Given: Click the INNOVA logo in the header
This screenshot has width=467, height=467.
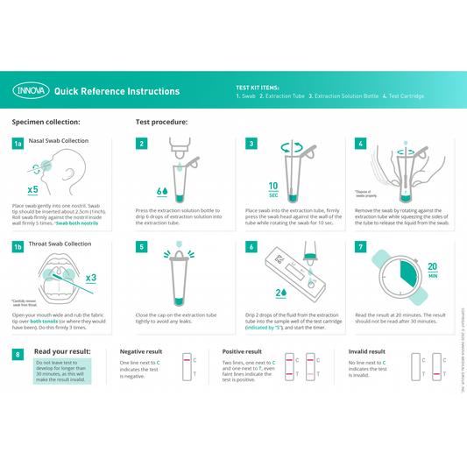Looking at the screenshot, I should click(31, 91).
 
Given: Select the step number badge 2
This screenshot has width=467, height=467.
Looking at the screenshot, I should click(142, 143).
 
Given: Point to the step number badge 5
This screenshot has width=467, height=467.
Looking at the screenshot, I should click(142, 247).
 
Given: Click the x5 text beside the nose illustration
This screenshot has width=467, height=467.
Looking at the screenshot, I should click(32, 189).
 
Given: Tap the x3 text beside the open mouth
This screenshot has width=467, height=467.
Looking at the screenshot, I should click(90, 279).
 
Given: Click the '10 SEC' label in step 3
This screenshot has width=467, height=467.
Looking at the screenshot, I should click(273, 190).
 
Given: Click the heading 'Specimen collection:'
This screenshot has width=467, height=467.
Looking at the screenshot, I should click(46, 123).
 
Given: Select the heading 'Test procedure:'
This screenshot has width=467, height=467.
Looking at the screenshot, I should click(161, 123).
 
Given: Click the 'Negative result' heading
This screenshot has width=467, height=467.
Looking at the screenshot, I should click(141, 351).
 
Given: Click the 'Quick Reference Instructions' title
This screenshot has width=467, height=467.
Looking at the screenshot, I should click(117, 91).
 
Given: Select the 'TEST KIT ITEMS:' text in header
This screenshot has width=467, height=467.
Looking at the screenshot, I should click(258, 88).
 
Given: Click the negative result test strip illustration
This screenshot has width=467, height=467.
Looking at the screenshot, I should click(187, 366).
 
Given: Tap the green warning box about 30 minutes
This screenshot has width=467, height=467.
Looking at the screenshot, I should click(62, 371).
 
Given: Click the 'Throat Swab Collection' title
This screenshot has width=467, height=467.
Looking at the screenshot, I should click(60, 244).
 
